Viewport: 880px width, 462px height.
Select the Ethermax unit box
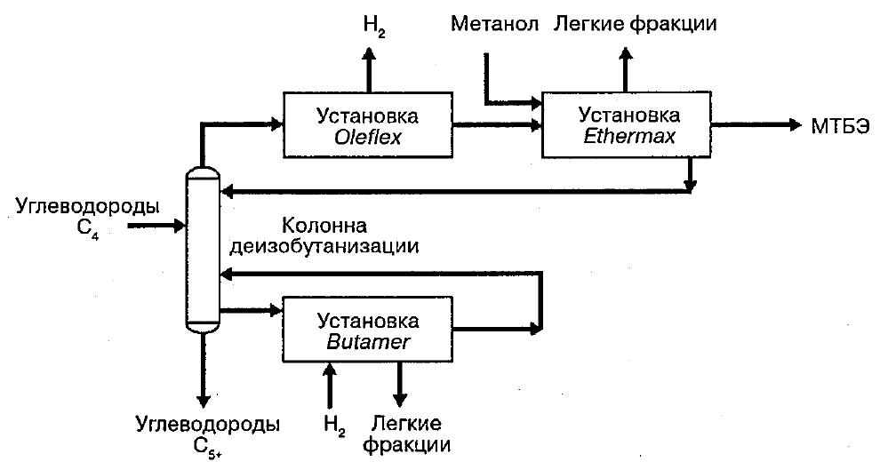627,124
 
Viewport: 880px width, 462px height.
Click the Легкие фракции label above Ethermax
635,23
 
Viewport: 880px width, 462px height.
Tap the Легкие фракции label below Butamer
405,433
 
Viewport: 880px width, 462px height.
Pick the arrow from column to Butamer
249,310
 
